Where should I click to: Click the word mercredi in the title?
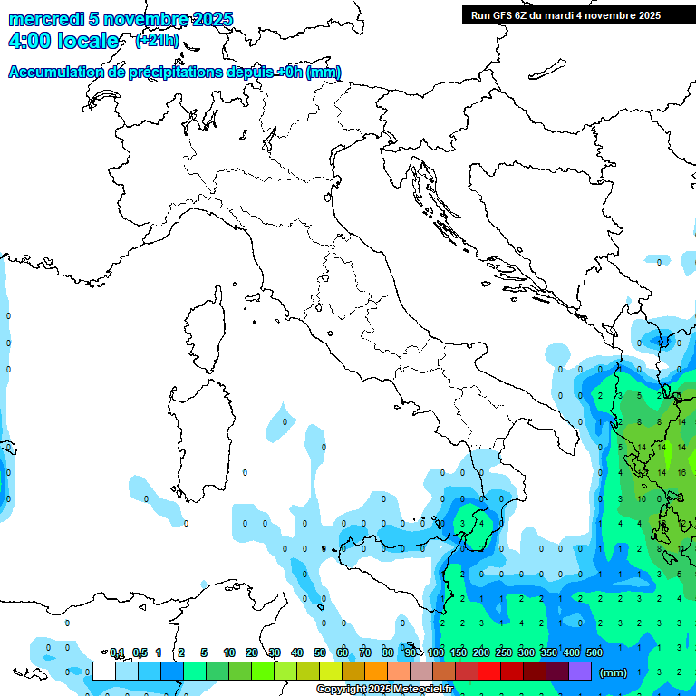(46, 20)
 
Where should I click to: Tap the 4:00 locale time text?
(63, 41)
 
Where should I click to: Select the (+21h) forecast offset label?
(157, 40)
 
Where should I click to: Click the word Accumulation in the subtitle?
(57, 72)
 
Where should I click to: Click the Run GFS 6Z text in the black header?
(498, 15)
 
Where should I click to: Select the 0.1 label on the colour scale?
(117, 652)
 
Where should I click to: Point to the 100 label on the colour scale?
(436, 652)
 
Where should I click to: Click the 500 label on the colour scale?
(594, 652)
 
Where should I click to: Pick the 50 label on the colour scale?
(320, 652)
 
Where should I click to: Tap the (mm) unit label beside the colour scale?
(614, 672)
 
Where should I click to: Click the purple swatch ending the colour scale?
(580, 672)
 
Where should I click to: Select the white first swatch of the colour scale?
(104, 672)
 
